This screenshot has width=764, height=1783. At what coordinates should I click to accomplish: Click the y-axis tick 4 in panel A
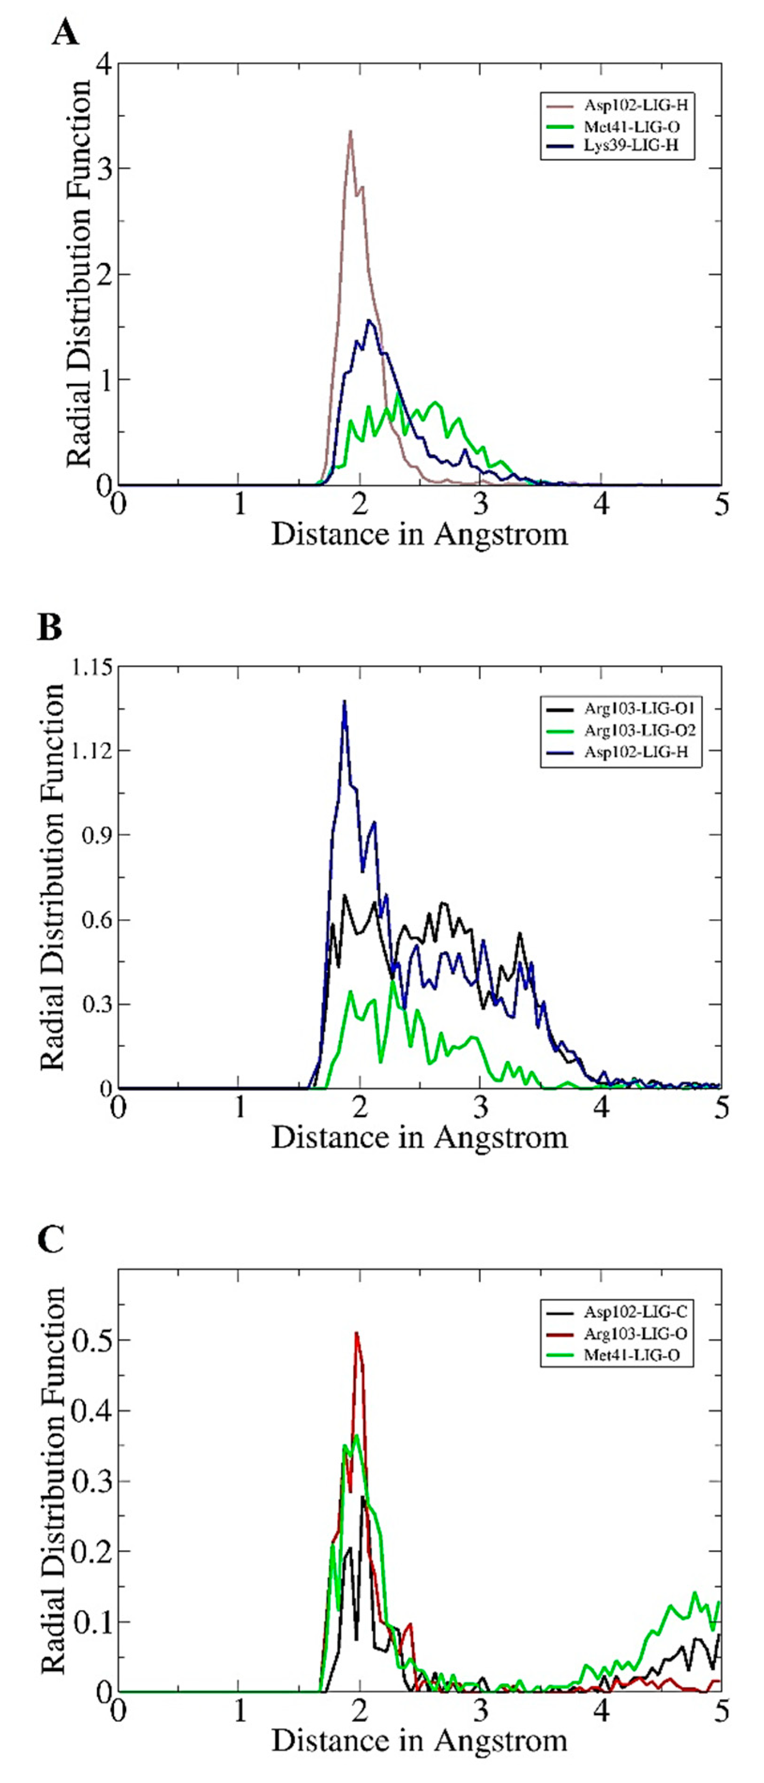coord(104,64)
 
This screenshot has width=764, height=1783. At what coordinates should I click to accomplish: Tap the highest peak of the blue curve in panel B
coord(344,702)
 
